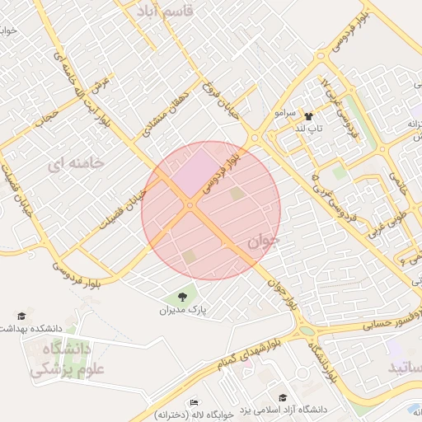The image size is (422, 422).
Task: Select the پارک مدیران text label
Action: click(x=181, y=311)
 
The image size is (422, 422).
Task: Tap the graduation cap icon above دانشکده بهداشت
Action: click(x=21, y=316)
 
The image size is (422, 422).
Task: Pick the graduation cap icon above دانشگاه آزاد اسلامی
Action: click(x=284, y=397)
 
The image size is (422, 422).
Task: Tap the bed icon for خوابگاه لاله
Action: click(x=195, y=402)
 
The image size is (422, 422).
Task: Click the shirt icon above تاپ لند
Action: click(x=309, y=116)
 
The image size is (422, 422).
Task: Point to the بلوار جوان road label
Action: click(x=281, y=293)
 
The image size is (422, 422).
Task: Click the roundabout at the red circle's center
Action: click(x=190, y=205)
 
